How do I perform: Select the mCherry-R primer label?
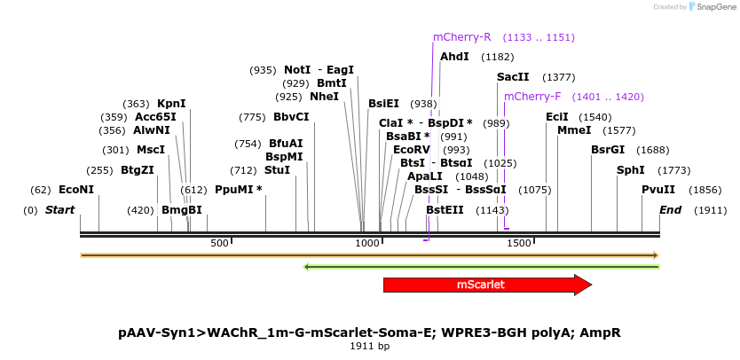(461, 37)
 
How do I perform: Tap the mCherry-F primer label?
(532, 97)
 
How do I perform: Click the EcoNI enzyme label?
(75, 190)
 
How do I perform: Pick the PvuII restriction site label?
(658, 190)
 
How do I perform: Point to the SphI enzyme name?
(631, 170)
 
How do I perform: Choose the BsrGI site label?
(608, 150)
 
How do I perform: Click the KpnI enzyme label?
(171, 104)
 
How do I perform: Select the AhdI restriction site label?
(454, 57)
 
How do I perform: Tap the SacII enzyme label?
(513, 77)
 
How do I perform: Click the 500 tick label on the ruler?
(219, 243)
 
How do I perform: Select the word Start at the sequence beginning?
(59, 210)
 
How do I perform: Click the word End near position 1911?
(670, 210)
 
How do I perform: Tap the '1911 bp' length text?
(370, 346)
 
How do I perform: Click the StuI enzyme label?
(277, 170)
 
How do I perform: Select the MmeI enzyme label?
(574, 130)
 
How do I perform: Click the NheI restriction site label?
(324, 97)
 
